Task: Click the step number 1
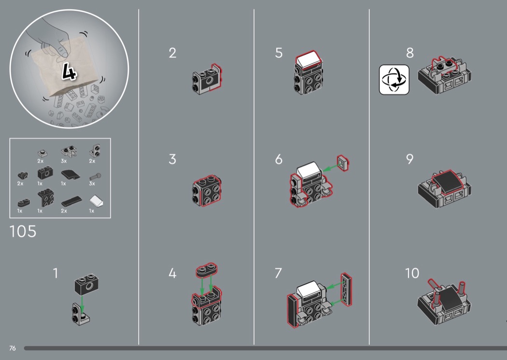click(56, 273)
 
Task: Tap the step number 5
click(279, 53)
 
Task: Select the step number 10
click(412, 273)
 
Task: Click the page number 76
click(12, 348)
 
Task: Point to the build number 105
click(23, 231)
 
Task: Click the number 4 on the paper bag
click(69, 71)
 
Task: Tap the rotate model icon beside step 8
click(394, 80)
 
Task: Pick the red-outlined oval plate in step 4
click(207, 270)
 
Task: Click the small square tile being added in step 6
click(342, 163)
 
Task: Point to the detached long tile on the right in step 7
click(346, 289)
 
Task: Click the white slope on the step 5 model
click(309, 60)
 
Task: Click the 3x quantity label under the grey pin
click(92, 183)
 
